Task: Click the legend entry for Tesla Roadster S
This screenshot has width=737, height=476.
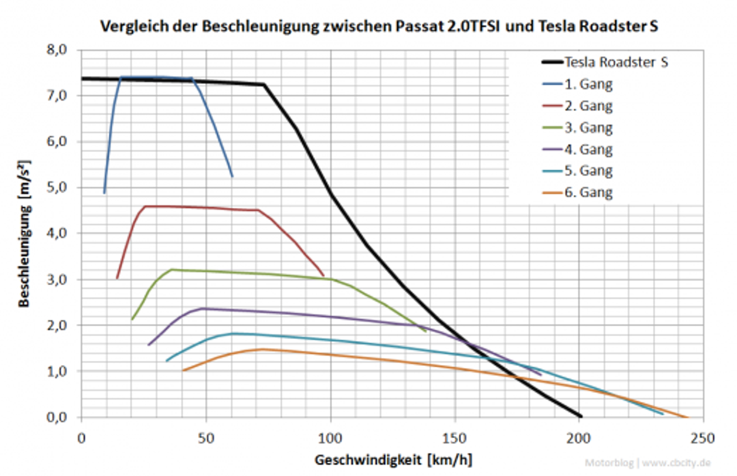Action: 616,62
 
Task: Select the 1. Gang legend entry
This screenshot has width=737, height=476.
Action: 589,84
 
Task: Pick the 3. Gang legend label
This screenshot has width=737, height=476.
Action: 589,128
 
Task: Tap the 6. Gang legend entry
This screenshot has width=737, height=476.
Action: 589,192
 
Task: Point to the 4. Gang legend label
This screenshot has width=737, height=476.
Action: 589,149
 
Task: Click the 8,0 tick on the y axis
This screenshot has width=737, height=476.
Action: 57,49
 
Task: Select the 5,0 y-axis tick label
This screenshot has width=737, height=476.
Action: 57,188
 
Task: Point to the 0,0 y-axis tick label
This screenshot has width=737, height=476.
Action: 57,417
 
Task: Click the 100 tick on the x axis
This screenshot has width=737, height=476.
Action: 330,438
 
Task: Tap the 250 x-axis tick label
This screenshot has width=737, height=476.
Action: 703,438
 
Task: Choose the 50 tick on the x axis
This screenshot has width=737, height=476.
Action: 206,438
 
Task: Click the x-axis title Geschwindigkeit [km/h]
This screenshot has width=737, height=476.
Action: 393,459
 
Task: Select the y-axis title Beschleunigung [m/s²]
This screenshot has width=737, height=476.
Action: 24,233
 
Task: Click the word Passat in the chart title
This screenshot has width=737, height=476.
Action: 420,26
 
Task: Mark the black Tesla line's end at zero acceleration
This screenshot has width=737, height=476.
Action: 580,416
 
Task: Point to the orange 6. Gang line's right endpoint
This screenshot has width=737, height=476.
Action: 687,417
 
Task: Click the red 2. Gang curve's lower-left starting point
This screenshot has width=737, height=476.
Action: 117,278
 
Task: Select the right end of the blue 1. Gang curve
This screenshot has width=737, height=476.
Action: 232,176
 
